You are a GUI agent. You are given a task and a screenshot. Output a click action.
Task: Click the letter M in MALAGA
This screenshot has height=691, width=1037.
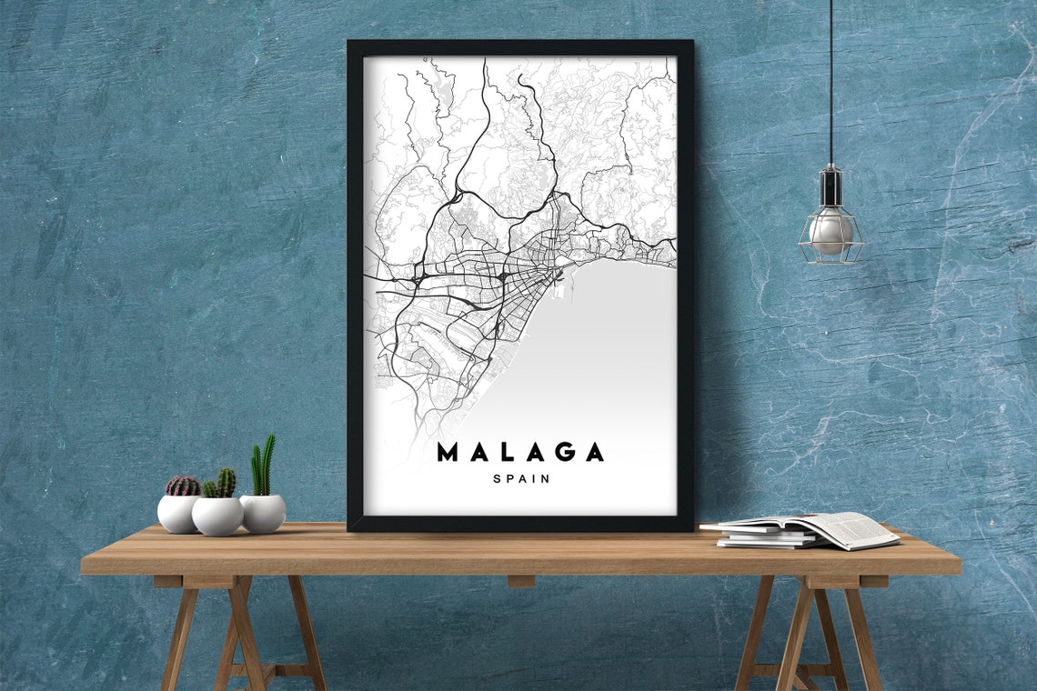448,452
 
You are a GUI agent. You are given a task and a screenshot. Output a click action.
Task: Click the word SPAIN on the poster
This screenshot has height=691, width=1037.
521,479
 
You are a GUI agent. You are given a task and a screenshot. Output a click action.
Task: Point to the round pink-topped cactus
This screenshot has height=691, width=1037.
182,486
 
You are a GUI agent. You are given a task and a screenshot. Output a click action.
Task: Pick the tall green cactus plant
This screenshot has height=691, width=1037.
263,466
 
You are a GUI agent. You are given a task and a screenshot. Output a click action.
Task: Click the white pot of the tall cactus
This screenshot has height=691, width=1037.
263,514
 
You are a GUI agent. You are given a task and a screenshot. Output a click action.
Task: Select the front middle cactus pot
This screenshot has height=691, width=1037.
217,516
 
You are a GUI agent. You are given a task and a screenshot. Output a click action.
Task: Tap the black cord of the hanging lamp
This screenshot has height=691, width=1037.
830,82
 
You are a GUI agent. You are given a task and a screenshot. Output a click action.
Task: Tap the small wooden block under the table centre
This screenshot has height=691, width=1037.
520,582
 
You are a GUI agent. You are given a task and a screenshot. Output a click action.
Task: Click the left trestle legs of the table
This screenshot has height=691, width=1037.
241,632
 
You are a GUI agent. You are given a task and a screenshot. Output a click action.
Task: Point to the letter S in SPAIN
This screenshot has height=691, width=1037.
496,479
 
